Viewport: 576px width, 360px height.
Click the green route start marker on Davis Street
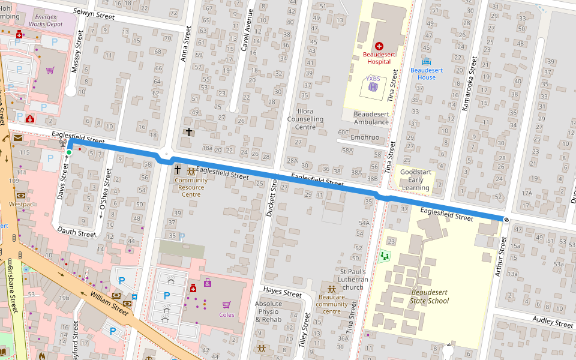click(x=69, y=152)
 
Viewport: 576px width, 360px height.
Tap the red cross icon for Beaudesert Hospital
click(x=379, y=46)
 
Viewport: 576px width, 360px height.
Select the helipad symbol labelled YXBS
click(x=373, y=87)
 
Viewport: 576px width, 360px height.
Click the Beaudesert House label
click(x=427, y=73)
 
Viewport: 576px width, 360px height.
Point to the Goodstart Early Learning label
click(x=416, y=179)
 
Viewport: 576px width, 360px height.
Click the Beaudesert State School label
click(x=430, y=296)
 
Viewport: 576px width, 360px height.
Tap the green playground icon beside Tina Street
click(x=384, y=256)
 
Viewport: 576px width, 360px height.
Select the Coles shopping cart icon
click(x=227, y=305)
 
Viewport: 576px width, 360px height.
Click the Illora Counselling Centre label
click(x=305, y=119)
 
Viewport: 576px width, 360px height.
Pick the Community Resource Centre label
click(x=191, y=187)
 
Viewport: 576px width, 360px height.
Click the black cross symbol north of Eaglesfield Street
click(x=189, y=131)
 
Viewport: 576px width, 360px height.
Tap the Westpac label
click(x=21, y=204)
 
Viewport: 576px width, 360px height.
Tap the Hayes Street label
click(x=282, y=293)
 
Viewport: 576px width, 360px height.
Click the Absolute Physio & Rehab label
click(x=268, y=311)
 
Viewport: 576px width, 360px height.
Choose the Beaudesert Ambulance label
click(x=371, y=118)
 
